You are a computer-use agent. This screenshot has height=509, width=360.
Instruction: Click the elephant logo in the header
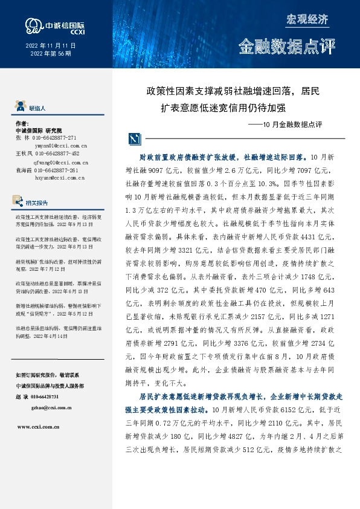coord(32,25)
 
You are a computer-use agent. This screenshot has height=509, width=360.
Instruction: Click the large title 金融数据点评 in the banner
coord(286,47)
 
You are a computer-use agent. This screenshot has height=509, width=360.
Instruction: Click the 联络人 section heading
coord(37,108)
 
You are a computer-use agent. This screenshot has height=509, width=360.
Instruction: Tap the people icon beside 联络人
coord(21,108)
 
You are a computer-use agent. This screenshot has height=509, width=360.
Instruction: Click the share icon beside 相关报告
coord(21,203)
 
